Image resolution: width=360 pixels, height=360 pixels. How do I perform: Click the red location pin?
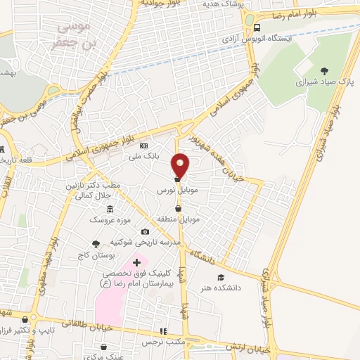click(181, 165)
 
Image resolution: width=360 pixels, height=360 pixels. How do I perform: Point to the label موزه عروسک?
click(110, 220)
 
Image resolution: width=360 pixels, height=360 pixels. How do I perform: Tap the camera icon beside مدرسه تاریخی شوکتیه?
click(145, 232)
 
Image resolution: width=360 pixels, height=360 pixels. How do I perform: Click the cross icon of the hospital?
click(136, 262)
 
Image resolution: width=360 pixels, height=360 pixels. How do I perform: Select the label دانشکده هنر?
click(240, 288)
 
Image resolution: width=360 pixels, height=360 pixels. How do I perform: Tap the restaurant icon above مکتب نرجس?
click(164, 330)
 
